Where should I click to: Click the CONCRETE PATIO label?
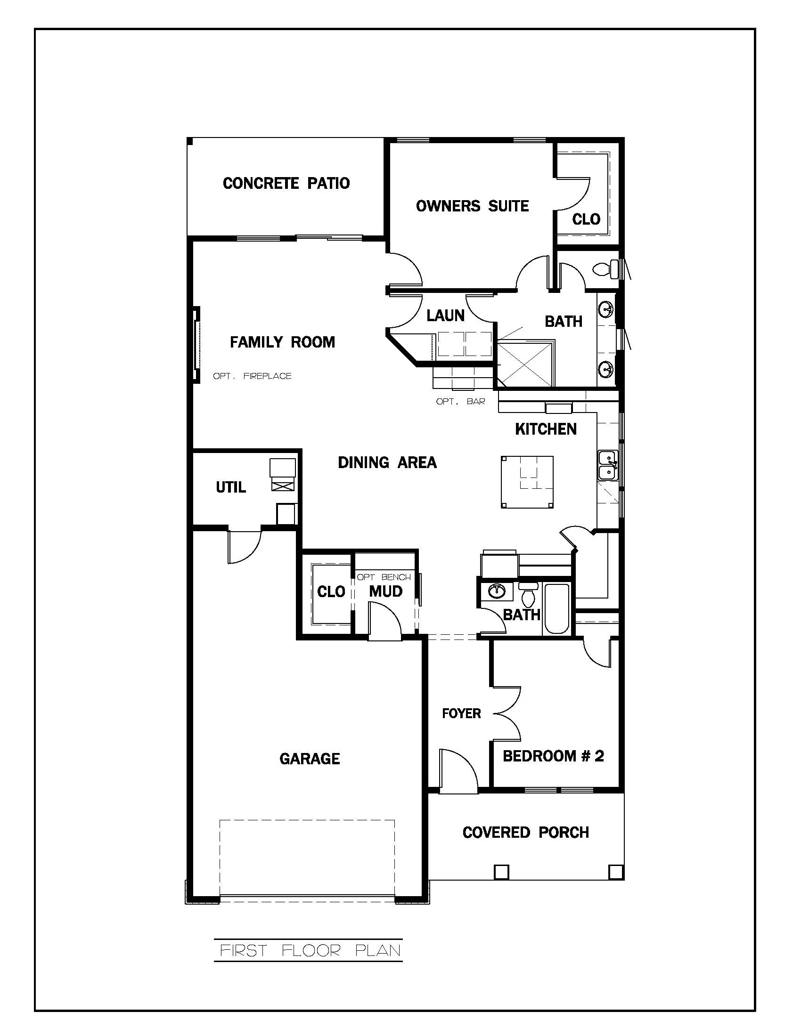pyautogui.click(x=286, y=183)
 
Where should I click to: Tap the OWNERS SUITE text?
pyautogui.click(x=472, y=206)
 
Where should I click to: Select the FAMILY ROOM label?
pyautogui.click(x=282, y=342)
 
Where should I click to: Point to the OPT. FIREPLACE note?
pyautogui.click(x=252, y=376)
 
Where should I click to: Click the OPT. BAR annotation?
pyautogui.click(x=460, y=402)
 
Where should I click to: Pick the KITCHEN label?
pyautogui.click(x=546, y=429)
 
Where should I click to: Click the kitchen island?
pyautogui.click(x=527, y=482)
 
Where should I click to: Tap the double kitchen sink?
pyautogui.click(x=607, y=465)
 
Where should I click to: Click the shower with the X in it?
pyautogui.click(x=525, y=364)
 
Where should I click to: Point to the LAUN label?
pyautogui.click(x=445, y=316)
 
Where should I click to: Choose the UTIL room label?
pyautogui.click(x=231, y=487)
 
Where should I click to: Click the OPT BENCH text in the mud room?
pyautogui.click(x=384, y=577)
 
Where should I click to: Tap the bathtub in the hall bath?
pyautogui.click(x=556, y=608)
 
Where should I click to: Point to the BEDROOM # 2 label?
pyautogui.click(x=553, y=756)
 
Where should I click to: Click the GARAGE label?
pyautogui.click(x=310, y=759)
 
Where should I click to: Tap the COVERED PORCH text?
pyautogui.click(x=526, y=832)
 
